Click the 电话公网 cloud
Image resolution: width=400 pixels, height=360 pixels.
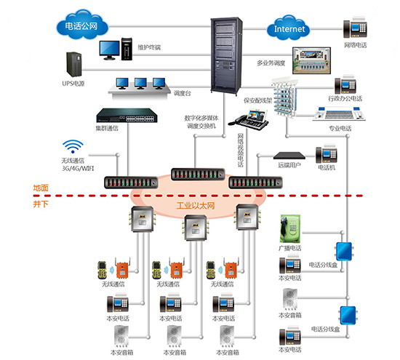[x=82, y=25]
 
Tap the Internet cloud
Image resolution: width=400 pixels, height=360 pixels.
[x=289, y=28]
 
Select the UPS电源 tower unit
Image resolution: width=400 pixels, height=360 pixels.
[x=73, y=64]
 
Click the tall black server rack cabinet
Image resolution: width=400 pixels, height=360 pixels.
[x=226, y=55]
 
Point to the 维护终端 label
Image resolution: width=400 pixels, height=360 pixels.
[x=149, y=47]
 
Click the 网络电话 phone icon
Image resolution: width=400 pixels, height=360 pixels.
[x=355, y=28]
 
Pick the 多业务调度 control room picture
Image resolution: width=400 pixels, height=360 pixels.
[x=311, y=60]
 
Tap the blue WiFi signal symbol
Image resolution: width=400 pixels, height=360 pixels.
[x=73, y=146]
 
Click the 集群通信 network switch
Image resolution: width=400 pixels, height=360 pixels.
[x=127, y=116]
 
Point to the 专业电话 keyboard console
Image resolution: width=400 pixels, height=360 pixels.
[x=339, y=113]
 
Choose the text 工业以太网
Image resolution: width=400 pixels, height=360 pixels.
[x=196, y=206]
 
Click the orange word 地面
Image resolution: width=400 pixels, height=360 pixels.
[x=41, y=188]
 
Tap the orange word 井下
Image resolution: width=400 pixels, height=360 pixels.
[x=41, y=204]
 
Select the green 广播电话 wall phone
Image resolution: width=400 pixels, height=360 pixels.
[x=290, y=228]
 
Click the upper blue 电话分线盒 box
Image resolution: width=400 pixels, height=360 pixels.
[x=344, y=251]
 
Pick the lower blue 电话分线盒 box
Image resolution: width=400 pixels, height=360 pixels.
[x=348, y=316]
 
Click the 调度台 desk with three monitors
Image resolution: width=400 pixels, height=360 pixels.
[x=140, y=87]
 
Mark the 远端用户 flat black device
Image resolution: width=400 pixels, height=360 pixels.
[x=289, y=156]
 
